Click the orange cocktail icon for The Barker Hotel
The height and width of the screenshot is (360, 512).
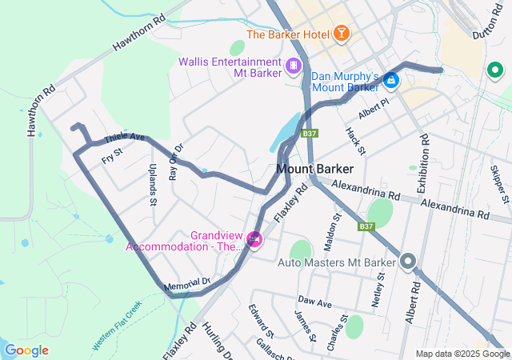click(x=342, y=34)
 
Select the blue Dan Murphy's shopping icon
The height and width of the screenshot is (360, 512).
click(x=390, y=80)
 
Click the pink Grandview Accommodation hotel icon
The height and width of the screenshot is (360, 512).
click(x=254, y=239)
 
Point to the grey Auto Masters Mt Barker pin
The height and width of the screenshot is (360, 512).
click(x=408, y=262)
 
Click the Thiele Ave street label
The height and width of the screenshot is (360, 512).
click(x=126, y=138)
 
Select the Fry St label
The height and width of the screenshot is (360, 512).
click(x=113, y=156)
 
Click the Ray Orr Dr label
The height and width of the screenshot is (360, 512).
click(x=176, y=162)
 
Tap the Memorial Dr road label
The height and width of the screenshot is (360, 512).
click(x=186, y=284)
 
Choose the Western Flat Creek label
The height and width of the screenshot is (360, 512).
click(x=116, y=326)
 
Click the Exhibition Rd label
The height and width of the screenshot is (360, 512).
click(x=422, y=163)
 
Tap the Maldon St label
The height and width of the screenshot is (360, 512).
click(x=336, y=230)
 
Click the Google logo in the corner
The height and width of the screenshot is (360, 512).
click(x=26, y=350)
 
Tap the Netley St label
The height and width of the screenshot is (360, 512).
click(x=378, y=291)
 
